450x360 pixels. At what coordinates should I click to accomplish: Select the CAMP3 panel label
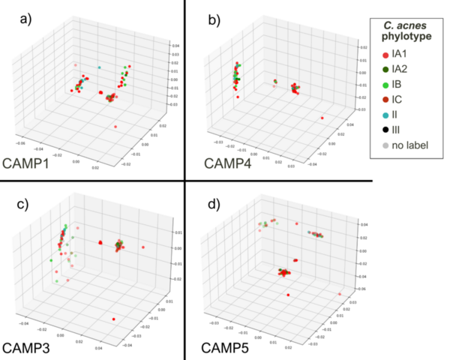tap(32, 348)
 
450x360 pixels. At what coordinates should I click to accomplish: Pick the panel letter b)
tap(202, 19)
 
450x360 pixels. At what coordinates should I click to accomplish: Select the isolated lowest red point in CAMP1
tap(115, 127)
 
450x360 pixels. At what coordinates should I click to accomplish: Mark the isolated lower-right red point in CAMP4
tap(322, 118)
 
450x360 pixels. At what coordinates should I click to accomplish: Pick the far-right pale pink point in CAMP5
tap(340, 294)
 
